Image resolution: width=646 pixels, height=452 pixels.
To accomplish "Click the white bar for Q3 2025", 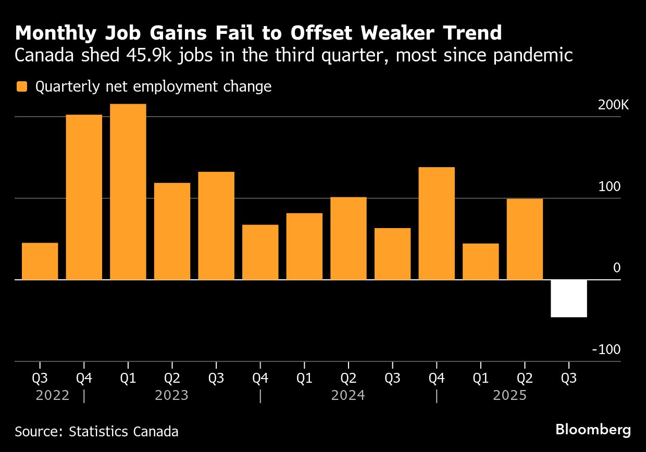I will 568,298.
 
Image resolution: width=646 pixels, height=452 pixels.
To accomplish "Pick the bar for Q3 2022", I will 40,261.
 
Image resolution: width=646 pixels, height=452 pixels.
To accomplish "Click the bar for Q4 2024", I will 437,223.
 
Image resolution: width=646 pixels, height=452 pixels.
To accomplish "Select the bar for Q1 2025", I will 480,261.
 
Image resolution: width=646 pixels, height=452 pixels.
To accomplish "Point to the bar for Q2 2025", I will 525,239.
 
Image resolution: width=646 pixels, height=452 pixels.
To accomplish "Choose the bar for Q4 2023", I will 260,252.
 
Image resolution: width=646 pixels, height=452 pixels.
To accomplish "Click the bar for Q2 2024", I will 349,238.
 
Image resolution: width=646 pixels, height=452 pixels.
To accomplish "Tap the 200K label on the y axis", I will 613,105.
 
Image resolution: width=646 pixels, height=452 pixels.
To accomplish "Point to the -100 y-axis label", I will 606,350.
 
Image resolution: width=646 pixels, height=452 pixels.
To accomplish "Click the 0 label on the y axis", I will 617,268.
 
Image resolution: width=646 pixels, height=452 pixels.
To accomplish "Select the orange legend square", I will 21,86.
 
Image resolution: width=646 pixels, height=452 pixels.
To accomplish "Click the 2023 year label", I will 171,396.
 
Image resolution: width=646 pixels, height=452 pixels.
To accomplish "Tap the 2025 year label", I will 510,396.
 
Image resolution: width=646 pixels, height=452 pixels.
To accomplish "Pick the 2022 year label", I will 53,396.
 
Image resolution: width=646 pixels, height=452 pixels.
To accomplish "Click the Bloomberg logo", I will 593,430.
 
